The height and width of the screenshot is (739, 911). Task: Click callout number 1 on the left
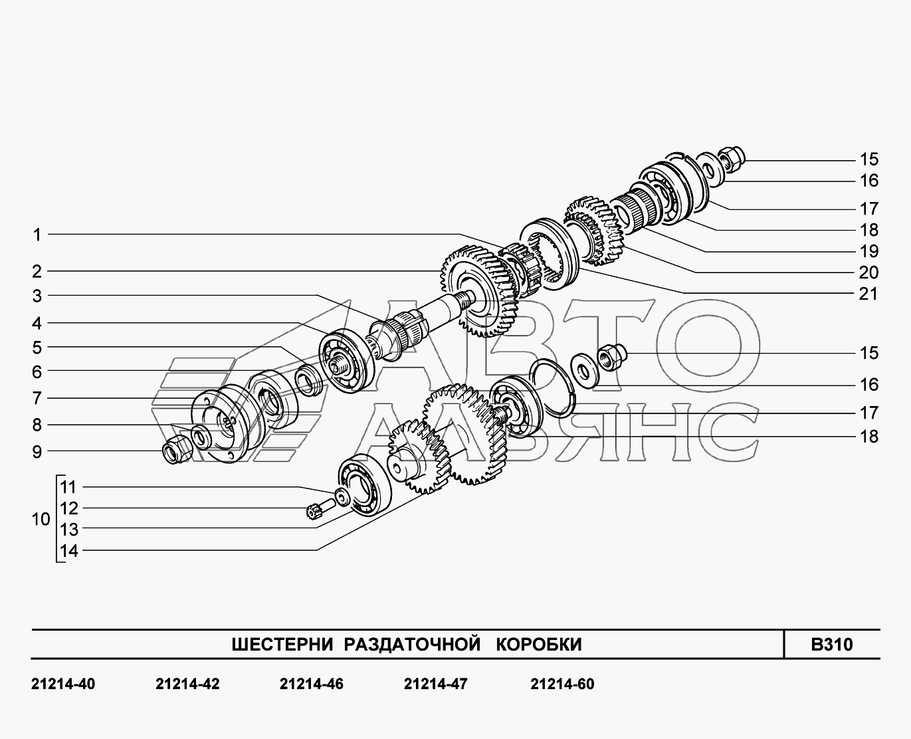[x=37, y=235]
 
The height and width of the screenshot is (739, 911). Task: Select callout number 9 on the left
[x=37, y=452]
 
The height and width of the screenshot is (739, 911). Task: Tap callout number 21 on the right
[x=868, y=294]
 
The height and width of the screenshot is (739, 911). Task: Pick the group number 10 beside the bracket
[x=41, y=519]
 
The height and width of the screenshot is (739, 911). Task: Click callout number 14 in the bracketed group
[x=69, y=551]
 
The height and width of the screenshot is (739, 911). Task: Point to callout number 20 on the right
[x=868, y=272]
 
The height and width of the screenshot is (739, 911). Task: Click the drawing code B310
[x=832, y=645]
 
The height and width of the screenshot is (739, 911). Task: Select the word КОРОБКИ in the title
[x=539, y=645]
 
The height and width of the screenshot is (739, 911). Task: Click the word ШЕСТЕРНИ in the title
[x=282, y=645]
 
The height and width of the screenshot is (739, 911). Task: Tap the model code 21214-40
[x=63, y=685]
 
